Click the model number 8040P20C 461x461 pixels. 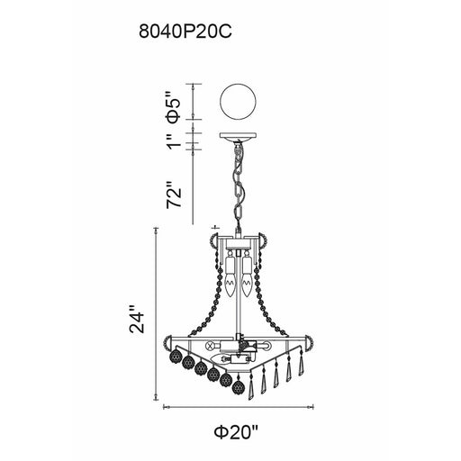coord(185,32)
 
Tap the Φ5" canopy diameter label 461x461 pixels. coord(174,107)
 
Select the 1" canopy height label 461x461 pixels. coord(175,141)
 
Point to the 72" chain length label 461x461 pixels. coord(175,194)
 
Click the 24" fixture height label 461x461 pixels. coord(137,319)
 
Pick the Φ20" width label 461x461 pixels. coord(237,433)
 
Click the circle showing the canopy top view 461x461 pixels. coord(238,101)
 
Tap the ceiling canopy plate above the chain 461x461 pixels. coord(238,136)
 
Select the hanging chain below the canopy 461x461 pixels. coord(240,185)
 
